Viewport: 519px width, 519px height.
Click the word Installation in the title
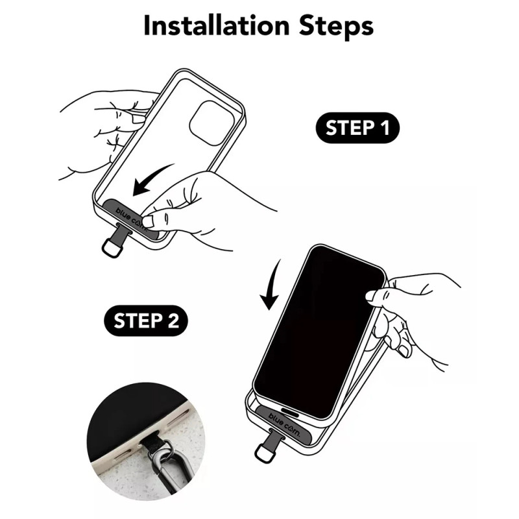pyautogui.click(x=217, y=25)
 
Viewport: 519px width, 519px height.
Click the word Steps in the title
pyautogui.click(x=336, y=27)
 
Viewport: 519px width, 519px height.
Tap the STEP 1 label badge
pyautogui.click(x=357, y=128)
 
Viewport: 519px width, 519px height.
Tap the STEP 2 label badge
pyautogui.click(x=146, y=320)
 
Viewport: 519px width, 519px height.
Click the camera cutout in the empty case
pyautogui.click(x=212, y=123)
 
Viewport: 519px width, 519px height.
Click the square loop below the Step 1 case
pyautogui.click(x=112, y=248)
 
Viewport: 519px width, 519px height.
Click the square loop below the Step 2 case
pyautogui.click(x=265, y=453)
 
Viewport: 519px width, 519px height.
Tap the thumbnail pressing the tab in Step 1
pyautogui.click(x=148, y=221)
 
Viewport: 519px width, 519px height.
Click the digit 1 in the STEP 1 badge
pyautogui.click(x=385, y=128)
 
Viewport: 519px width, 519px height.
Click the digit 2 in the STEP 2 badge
pyautogui.click(x=173, y=320)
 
